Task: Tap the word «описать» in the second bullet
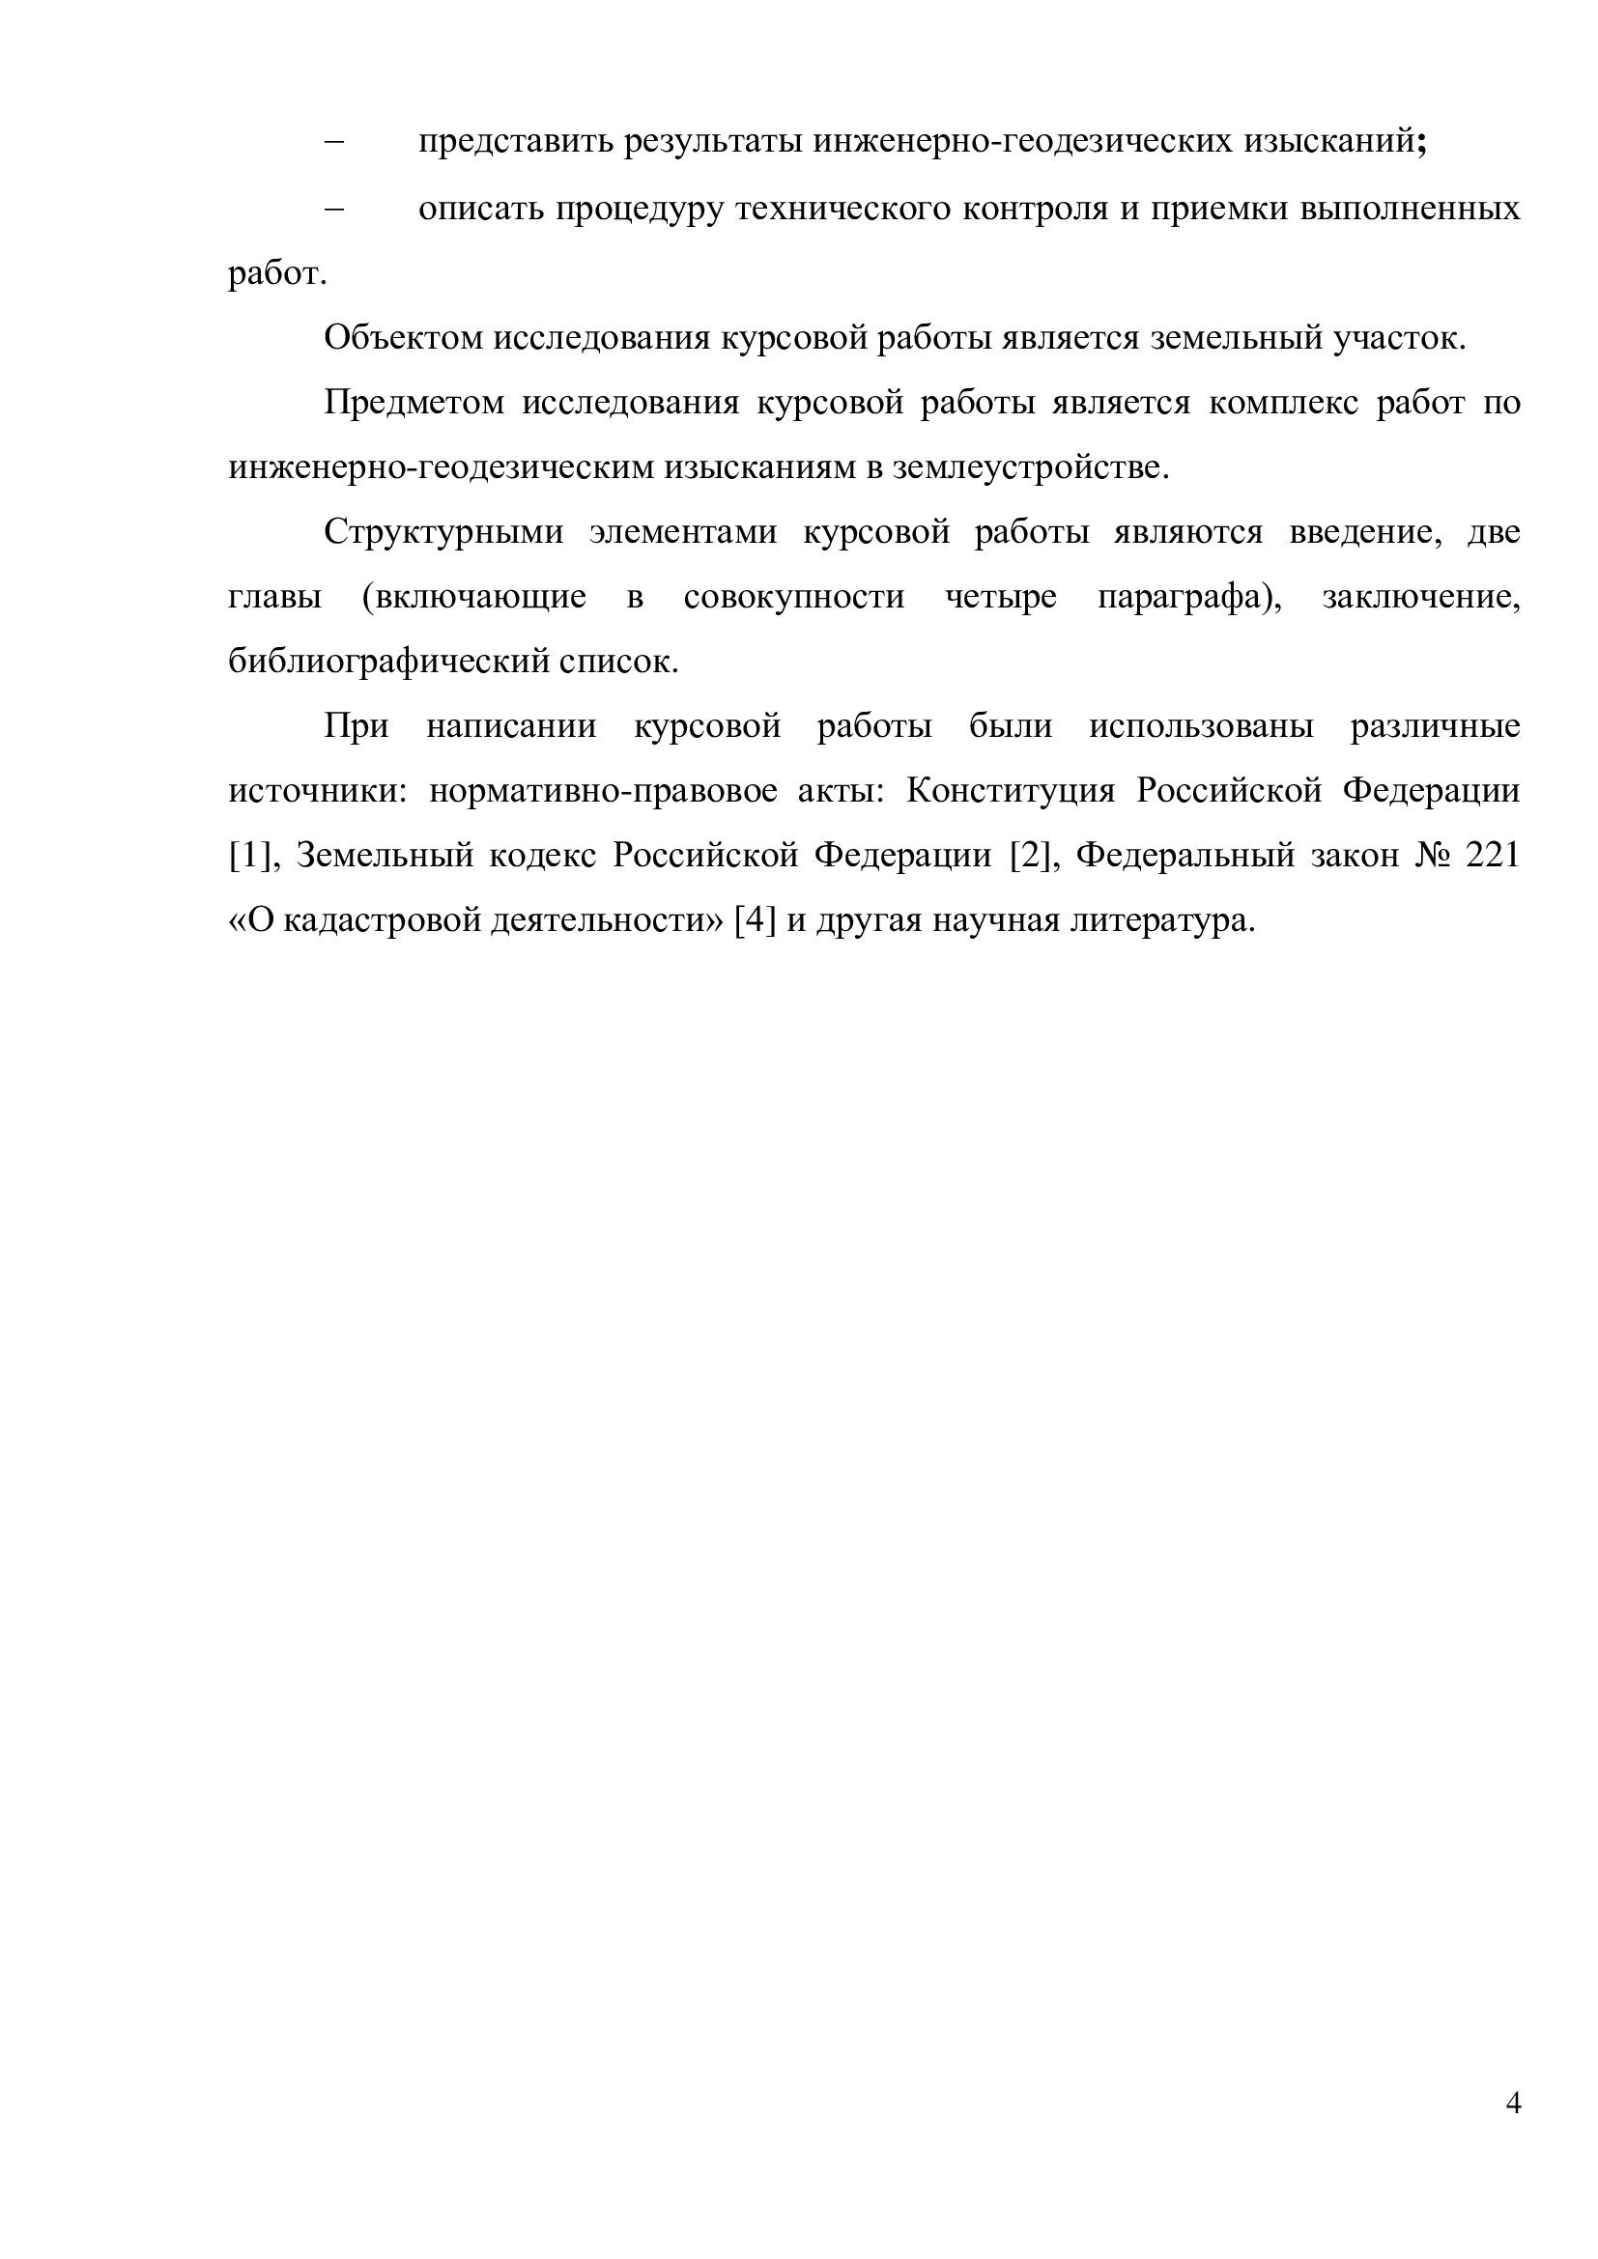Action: click(x=478, y=209)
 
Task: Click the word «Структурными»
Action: click(x=443, y=532)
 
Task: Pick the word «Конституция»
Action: click(x=1011, y=791)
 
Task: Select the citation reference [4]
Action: click(x=756, y=921)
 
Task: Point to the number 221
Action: click(x=1492, y=856)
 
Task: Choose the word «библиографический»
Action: click(x=387, y=663)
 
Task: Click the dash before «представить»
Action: click(x=334, y=143)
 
